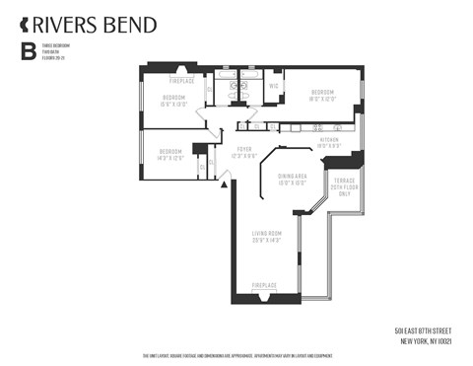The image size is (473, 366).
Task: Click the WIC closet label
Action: [x=275, y=86]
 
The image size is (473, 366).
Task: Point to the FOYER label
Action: [x=242, y=150]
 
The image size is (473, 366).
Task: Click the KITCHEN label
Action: [x=329, y=140]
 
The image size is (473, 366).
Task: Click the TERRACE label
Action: [x=345, y=183]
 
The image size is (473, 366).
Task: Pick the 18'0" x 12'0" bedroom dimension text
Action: [x=322, y=99]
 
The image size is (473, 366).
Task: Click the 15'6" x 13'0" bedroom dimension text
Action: [x=174, y=104]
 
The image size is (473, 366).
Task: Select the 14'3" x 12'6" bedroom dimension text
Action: [x=169, y=157]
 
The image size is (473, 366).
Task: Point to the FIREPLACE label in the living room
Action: [x=264, y=285]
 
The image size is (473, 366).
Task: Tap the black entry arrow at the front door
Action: [x=223, y=183]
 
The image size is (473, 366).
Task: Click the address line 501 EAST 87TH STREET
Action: [x=428, y=330]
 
